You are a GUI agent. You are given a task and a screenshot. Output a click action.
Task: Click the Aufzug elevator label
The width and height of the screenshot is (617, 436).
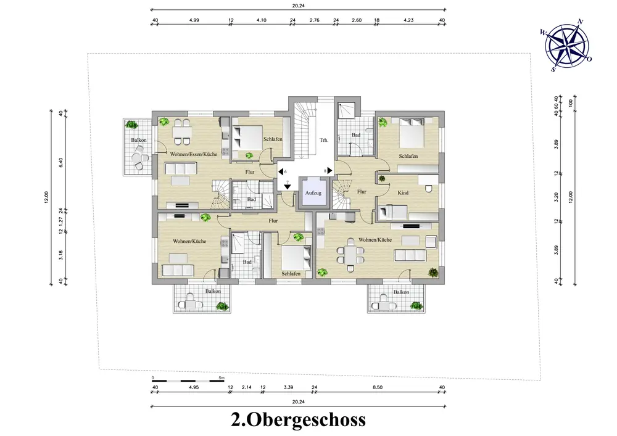(x=313, y=193)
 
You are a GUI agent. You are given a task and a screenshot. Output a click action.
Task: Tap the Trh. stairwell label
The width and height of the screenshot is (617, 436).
(x=324, y=140)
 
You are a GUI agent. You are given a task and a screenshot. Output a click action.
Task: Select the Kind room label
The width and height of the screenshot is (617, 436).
(x=403, y=192)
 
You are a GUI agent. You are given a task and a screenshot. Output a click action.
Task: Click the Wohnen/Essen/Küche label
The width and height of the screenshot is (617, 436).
(x=194, y=154)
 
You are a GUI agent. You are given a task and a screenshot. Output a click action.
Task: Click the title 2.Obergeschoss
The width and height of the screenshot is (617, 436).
(x=298, y=419)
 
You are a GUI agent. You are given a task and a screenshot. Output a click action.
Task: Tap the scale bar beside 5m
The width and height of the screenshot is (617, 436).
(x=188, y=381)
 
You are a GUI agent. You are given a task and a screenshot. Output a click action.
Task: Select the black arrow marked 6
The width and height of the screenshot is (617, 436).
(x=281, y=171)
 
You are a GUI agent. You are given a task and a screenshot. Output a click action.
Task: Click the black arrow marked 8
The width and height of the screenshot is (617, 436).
(x=329, y=171)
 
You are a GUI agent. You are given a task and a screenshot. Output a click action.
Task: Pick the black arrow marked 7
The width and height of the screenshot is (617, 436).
(x=288, y=187)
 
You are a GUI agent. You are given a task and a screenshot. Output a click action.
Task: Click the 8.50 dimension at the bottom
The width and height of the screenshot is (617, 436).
(x=378, y=387)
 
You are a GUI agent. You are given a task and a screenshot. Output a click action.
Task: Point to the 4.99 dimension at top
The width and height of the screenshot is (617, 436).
(x=194, y=20)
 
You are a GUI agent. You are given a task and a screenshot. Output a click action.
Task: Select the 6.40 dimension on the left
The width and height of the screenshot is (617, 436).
(x=60, y=162)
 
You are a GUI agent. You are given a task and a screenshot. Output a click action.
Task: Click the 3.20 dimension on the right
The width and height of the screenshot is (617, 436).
(x=557, y=197)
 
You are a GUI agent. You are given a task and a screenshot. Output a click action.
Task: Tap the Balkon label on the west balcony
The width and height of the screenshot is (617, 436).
(x=138, y=140)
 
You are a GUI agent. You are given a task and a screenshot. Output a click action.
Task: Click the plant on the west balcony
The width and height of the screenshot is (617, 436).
(x=131, y=125)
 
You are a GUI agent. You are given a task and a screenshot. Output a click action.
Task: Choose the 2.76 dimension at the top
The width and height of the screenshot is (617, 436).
(x=315, y=20)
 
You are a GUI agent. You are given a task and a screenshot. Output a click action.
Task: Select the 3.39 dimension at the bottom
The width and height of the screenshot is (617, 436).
(x=288, y=387)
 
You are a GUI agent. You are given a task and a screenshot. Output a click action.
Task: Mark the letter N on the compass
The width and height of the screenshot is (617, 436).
(x=580, y=21)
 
